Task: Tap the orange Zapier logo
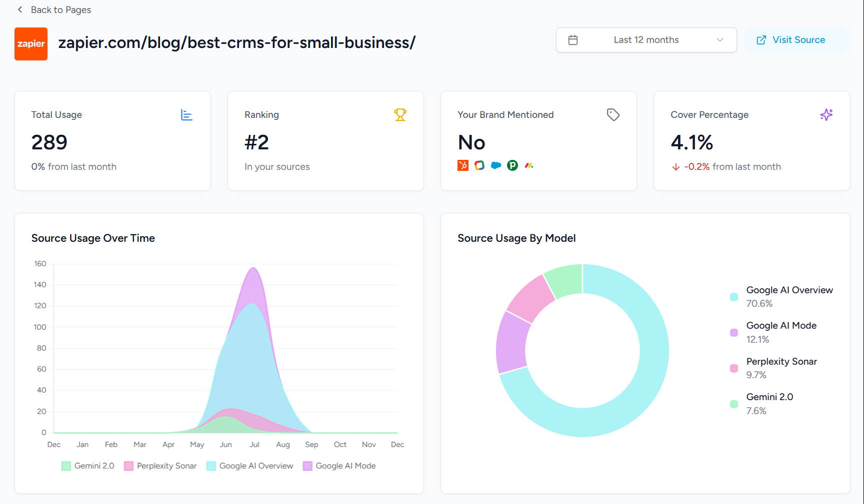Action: tap(31, 44)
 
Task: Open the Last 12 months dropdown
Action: tap(646, 40)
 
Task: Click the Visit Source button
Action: tap(798, 40)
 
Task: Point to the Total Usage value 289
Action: tap(49, 142)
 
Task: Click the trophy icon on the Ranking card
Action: tap(400, 115)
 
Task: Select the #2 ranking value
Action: tap(256, 142)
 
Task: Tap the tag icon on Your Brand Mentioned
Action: tap(613, 115)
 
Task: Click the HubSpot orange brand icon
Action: tap(463, 165)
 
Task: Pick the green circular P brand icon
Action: tap(512, 165)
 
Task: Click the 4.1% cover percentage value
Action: tap(691, 142)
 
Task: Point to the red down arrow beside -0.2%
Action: tap(675, 167)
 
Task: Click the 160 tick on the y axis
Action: tap(40, 264)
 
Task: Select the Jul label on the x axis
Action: tap(254, 445)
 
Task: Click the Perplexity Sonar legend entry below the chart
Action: tap(160, 466)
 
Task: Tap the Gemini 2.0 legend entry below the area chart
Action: tap(88, 466)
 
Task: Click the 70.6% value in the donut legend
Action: tap(759, 304)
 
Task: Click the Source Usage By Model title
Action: tap(516, 238)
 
